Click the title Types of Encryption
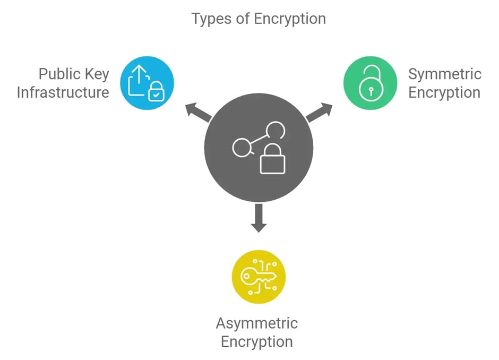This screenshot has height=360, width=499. tap(259, 19)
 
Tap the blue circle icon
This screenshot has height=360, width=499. tap(147, 83)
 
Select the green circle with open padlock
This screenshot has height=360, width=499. tap(370, 83)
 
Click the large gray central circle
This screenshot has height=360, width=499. tap(259, 149)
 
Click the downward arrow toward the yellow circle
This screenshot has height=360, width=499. tap(259, 218)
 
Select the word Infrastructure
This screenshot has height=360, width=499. tap(63, 92)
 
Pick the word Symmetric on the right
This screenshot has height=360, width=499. tap(444, 74)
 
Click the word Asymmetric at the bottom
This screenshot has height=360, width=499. tap(257, 323)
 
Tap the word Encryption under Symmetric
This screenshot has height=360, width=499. tap(444, 92)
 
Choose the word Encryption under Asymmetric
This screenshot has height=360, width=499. tap(257, 341)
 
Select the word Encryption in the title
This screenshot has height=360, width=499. tap(290, 19)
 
